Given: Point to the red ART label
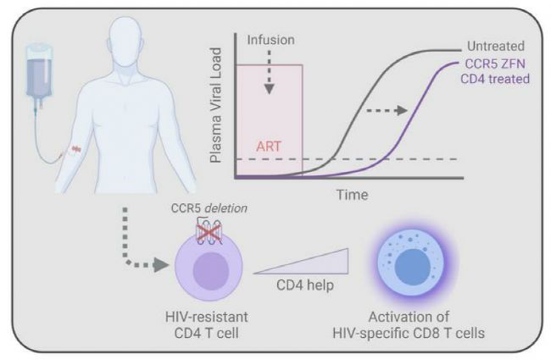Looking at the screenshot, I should point(268,145).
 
